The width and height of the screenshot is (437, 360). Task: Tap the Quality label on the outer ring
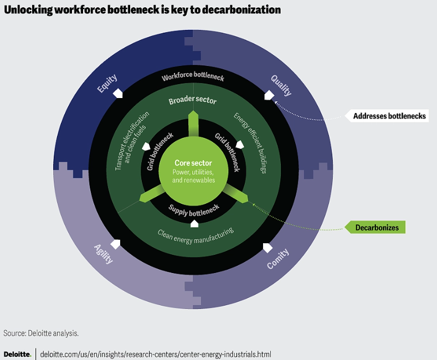[x=281, y=85]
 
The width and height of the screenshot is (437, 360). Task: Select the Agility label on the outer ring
[x=104, y=254]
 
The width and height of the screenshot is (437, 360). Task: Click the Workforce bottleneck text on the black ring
[x=193, y=78]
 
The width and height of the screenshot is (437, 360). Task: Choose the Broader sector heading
[x=193, y=101]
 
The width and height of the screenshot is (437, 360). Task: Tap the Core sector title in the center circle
[x=193, y=163]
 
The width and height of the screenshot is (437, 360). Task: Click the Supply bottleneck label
[x=194, y=210]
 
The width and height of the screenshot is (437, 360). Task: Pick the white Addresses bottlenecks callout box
[x=390, y=116]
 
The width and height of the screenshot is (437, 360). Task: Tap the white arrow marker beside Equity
[x=118, y=92]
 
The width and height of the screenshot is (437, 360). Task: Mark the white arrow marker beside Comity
[x=268, y=247]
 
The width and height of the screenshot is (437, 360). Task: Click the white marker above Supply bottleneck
[x=194, y=223]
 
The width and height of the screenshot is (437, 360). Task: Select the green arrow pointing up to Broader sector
[x=193, y=122]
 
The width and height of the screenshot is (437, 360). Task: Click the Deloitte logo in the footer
[x=17, y=354]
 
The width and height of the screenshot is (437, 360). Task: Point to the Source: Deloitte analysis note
[x=41, y=333]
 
